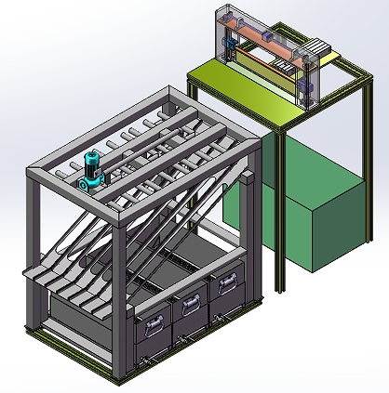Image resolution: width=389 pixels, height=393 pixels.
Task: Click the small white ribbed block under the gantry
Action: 280,67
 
